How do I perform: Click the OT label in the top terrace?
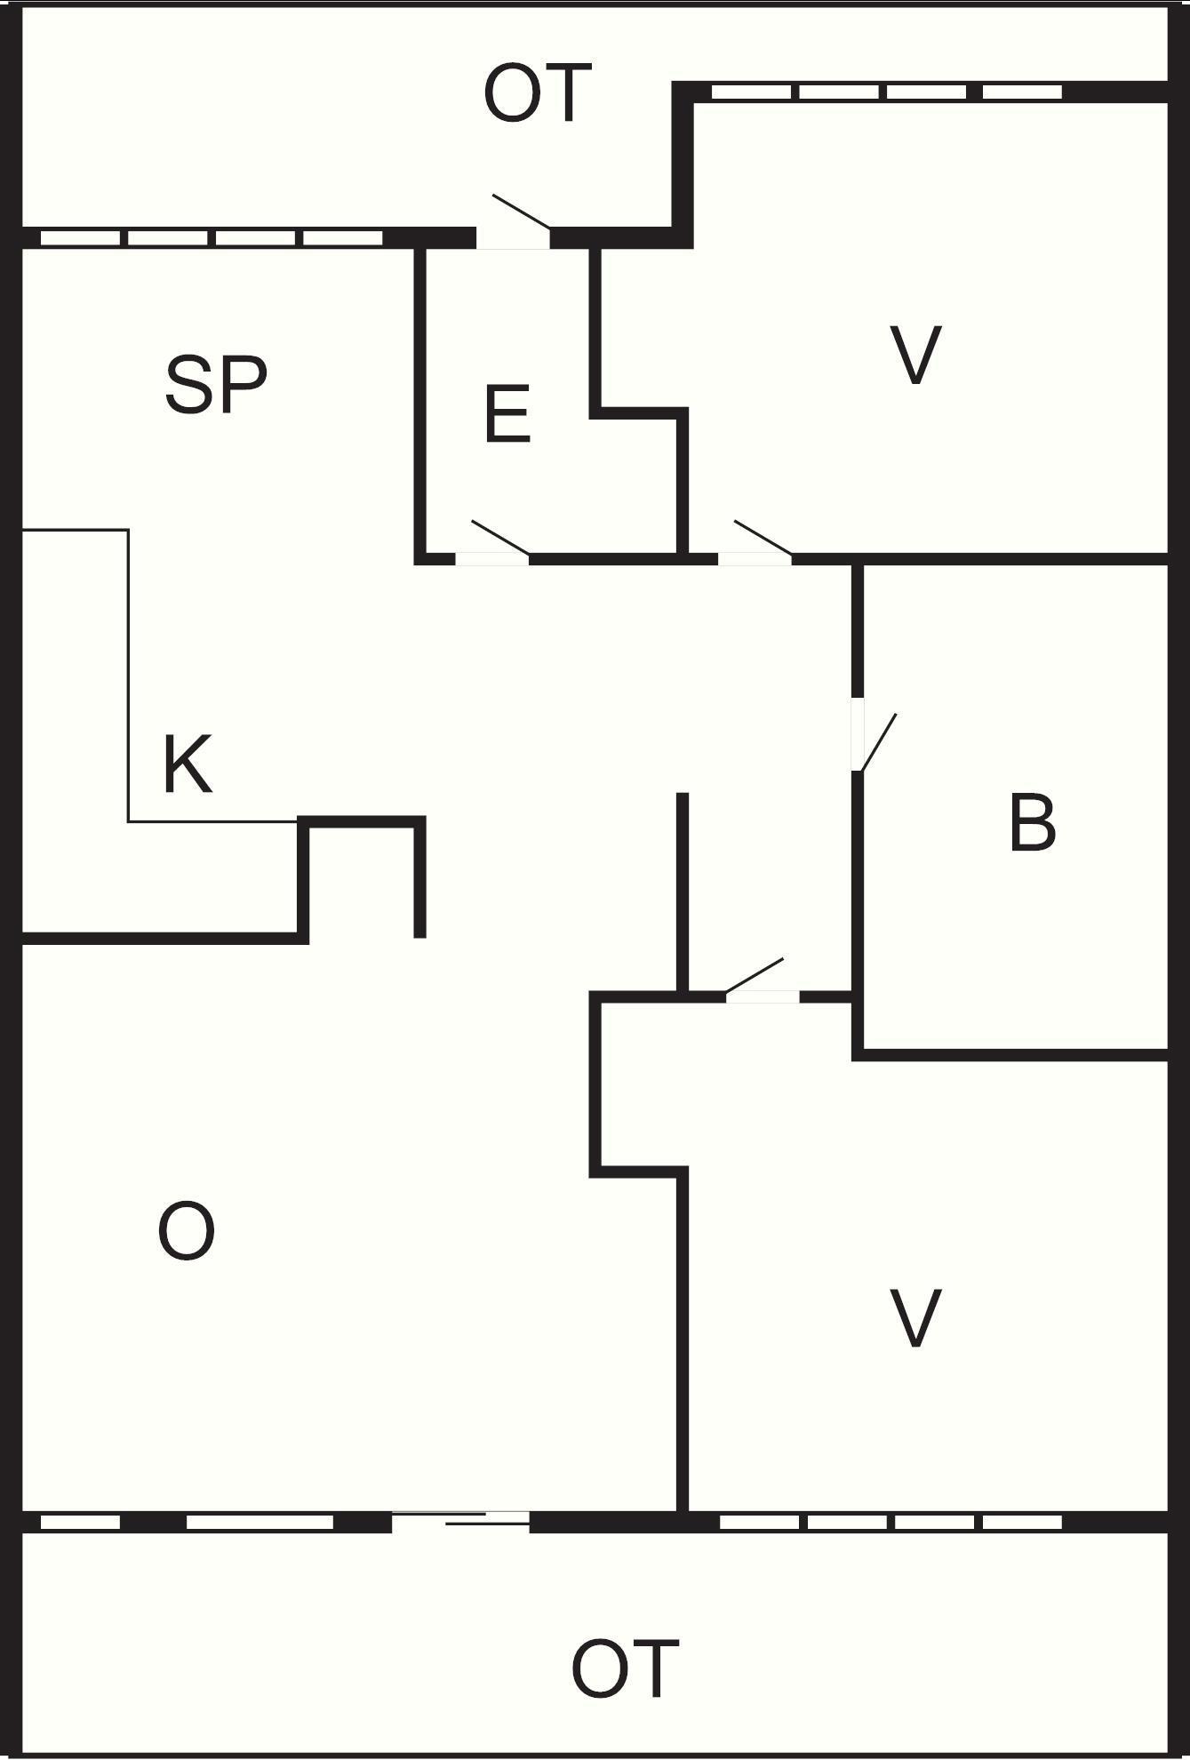537,93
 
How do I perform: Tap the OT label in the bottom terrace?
625,1669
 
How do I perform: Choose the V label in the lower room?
915,1318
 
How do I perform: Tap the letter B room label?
1033,824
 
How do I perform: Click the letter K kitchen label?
188,764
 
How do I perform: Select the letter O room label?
187,1231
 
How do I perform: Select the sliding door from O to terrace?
461,1521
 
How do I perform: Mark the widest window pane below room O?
260,1523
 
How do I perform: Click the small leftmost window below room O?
80,1523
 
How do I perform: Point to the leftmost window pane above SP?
80,238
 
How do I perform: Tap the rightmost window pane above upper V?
1022,92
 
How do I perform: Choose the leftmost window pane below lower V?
759,1523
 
